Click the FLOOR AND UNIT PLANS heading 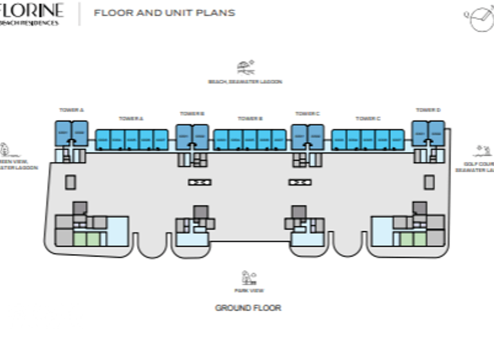164,12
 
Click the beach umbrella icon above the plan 245,67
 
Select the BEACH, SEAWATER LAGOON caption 245,82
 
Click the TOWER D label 428,110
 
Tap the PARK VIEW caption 249,291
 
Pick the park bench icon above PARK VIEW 248,278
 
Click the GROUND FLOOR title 248,308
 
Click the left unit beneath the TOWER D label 421,133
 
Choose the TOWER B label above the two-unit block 192,114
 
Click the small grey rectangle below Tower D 429,183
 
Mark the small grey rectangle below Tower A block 70,183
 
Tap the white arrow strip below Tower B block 200,183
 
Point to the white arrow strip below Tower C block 300,183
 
